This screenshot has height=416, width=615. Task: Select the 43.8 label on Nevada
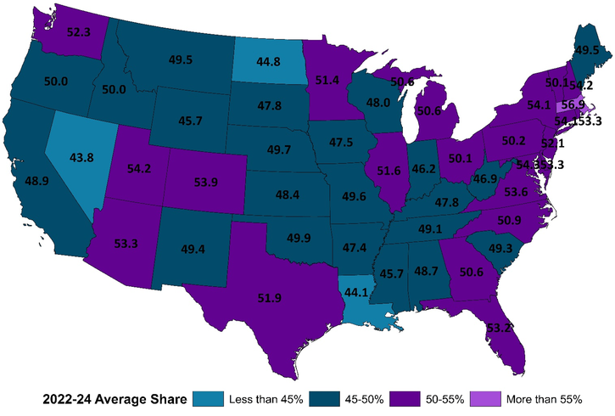pyautogui.click(x=81, y=157)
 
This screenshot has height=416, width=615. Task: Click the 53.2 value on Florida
pyautogui.click(x=498, y=327)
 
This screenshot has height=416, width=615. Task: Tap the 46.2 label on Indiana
pyautogui.click(x=422, y=169)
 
